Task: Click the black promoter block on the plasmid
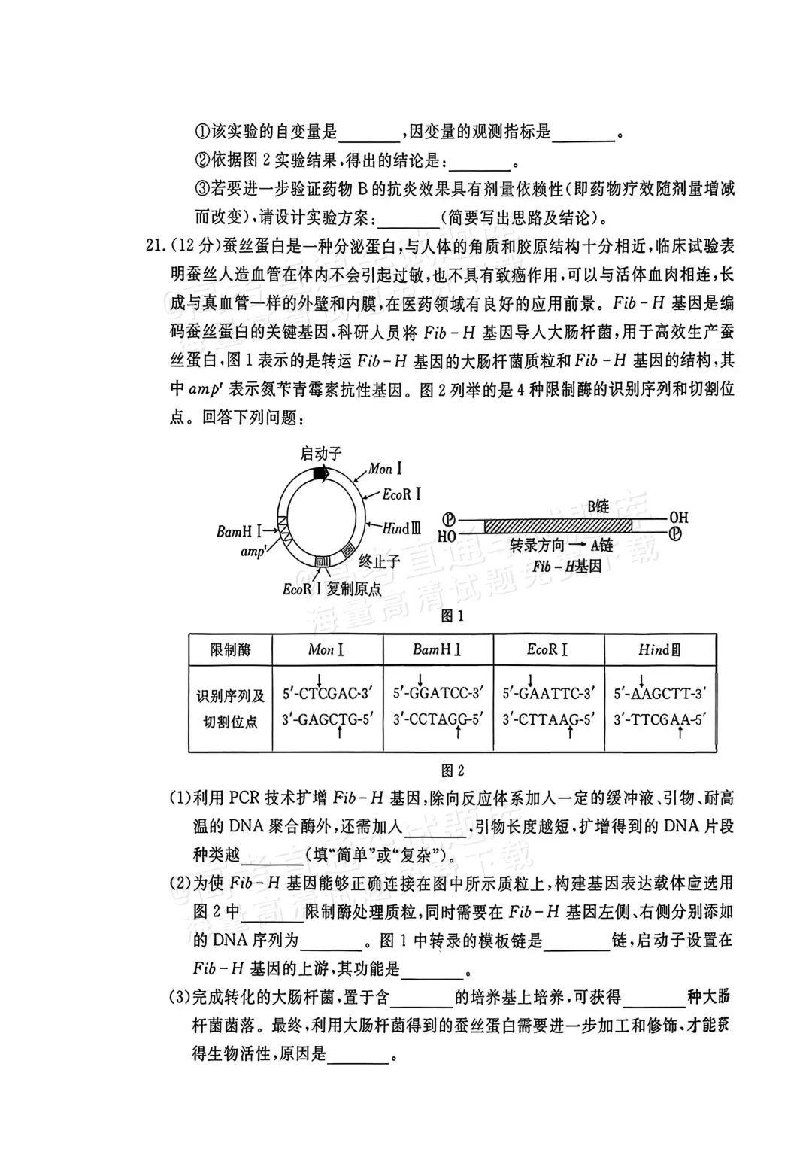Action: pos(321,474)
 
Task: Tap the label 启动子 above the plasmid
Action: pos(321,453)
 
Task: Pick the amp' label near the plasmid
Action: pos(253,552)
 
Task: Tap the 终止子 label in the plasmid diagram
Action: pos(379,561)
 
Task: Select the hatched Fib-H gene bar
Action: pos(558,526)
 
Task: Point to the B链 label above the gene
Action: pos(598,506)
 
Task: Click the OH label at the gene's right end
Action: pos(678,518)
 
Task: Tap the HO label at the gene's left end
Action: pos(447,536)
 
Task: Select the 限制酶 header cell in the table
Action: pos(230,649)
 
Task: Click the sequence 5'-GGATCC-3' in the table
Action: pos(438,692)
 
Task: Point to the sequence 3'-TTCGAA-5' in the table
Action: pos(660,719)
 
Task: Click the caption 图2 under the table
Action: pos(453,770)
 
